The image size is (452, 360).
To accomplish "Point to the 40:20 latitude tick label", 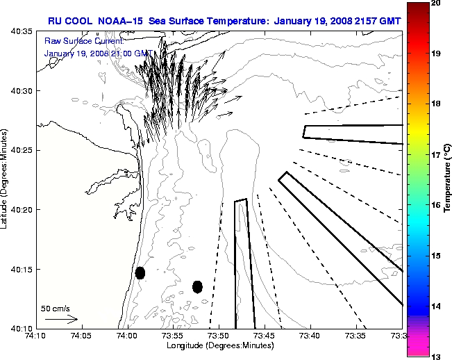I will (x=22, y=210).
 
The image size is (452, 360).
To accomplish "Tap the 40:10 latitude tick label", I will (x=22, y=328).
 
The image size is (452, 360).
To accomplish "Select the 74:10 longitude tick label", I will (x=35, y=336).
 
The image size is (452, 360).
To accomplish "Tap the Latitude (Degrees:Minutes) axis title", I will (x=5, y=179).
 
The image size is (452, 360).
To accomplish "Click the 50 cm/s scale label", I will (x=55, y=308).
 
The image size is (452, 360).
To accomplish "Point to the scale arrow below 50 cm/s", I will (x=61, y=320).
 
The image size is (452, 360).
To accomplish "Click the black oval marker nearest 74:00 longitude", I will (x=140, y=272).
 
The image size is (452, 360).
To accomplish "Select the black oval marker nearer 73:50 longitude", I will (x=197, y=286).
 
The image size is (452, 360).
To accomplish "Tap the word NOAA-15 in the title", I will (x=119, y=20).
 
